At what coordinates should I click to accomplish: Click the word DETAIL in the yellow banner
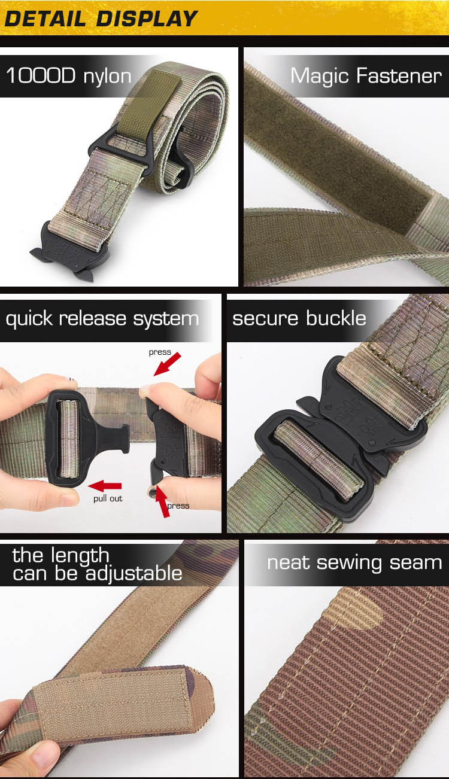point(45,19)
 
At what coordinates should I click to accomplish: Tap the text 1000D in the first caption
point(41,75)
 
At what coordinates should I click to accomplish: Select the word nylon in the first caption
point(107,77)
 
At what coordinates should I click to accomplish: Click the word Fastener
point(399,75)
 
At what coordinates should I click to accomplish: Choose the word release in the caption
point(92,318)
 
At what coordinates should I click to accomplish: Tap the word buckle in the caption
point(336,318)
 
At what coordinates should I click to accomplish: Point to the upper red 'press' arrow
point(168,364)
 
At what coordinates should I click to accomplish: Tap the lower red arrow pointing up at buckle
point(162,501)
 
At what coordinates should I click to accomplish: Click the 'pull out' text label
point(108,499)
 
